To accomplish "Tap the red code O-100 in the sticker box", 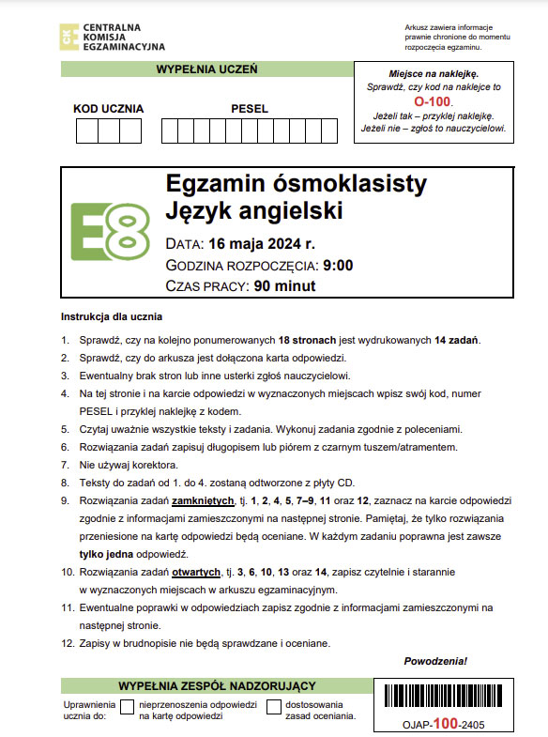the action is pos(433,100).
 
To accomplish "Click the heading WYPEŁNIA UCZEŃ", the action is pos(206,69).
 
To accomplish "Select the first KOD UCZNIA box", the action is pos(87,131).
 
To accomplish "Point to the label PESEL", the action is pos(249,109).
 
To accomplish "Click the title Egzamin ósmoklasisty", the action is pos(295,185).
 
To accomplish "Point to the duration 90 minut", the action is pos(284,286).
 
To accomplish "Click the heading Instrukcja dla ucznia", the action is pos(112,316).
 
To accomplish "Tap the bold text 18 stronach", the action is pos(314,340).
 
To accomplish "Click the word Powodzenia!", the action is pos(434,662).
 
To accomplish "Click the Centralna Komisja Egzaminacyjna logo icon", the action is pos(68,37).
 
